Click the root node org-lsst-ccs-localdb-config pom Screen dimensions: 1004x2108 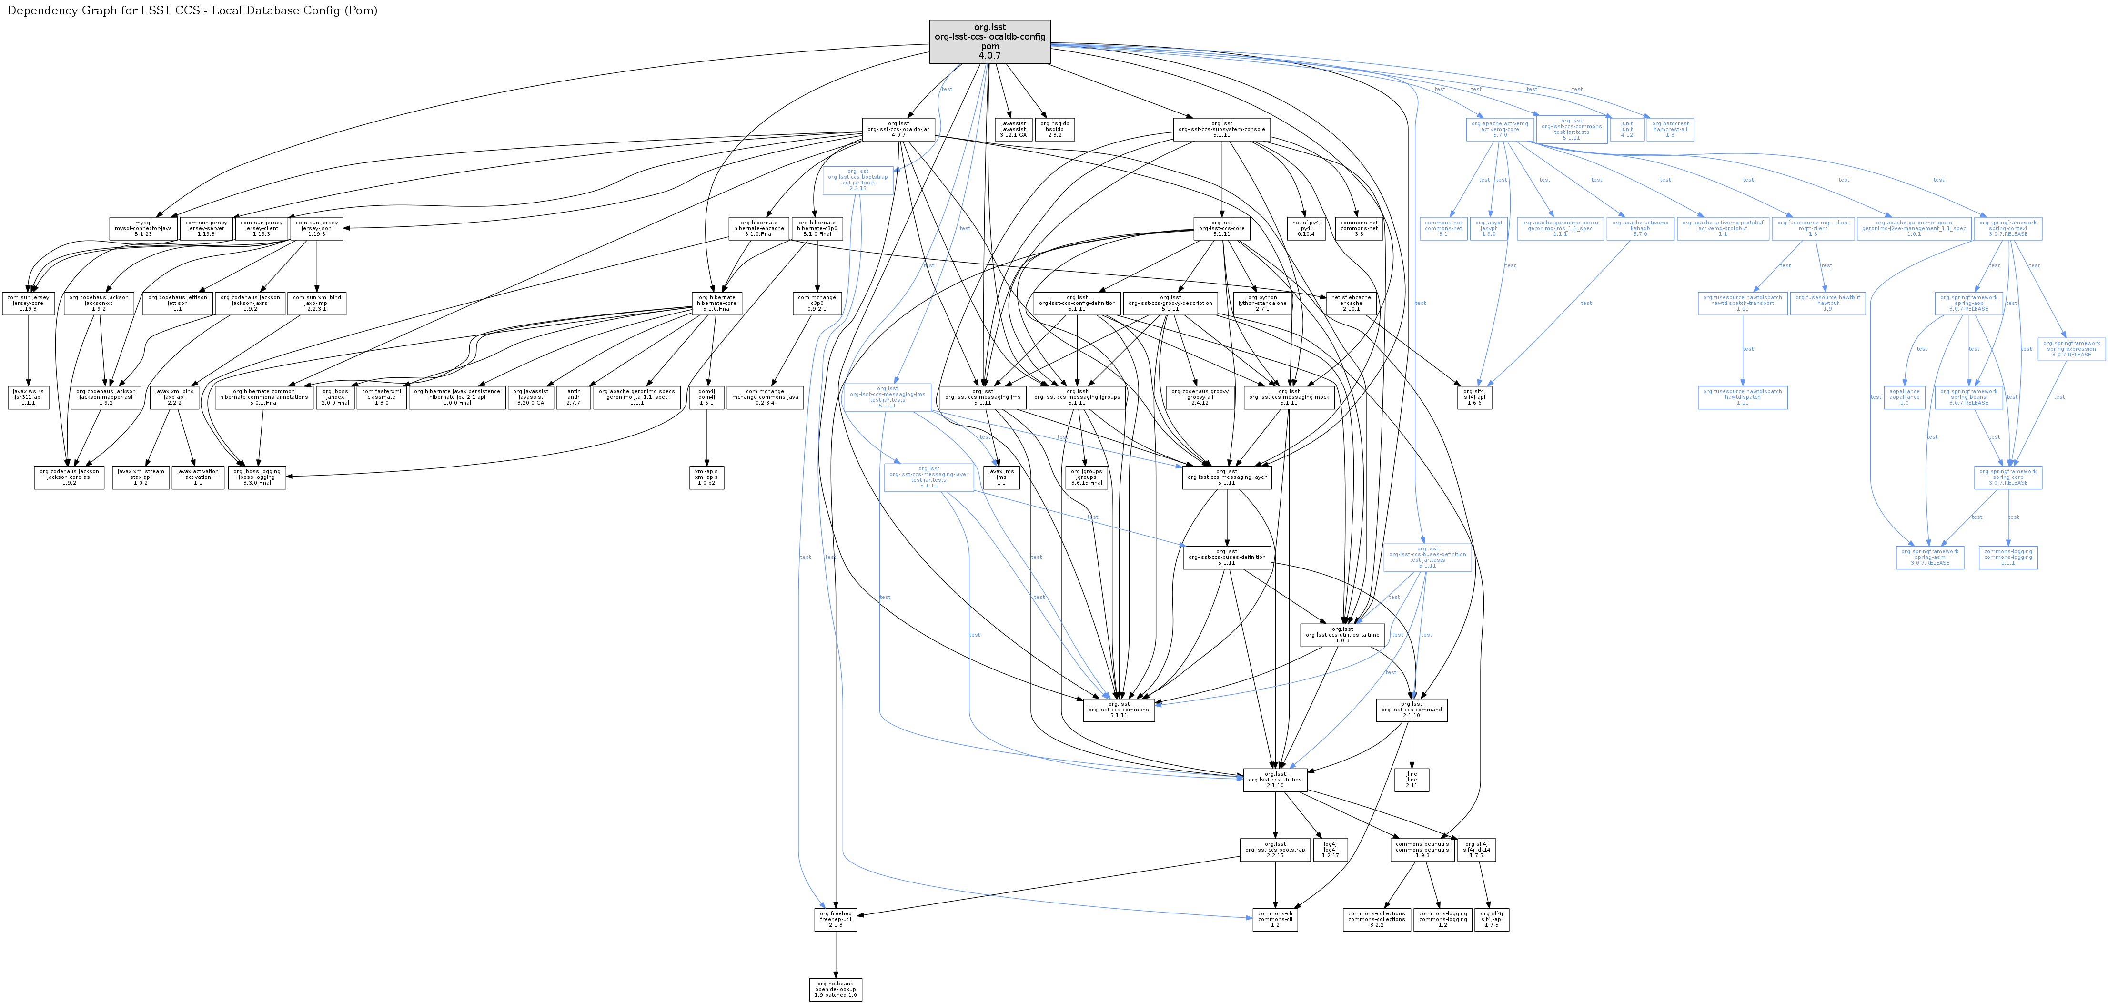[x=989, y=42]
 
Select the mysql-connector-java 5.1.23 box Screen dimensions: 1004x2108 [x=143, y=228]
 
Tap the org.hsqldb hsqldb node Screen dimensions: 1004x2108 [x=1054, y=129]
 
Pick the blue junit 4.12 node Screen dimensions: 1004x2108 [x=1626, y=129]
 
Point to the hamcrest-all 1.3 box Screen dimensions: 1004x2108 [x=1669, y=129]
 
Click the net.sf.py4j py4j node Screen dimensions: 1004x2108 [x=1306, y=228]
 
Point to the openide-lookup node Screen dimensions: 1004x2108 [x=836, y=989]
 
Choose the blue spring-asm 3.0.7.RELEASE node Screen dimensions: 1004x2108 [x=1930, y=557]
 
